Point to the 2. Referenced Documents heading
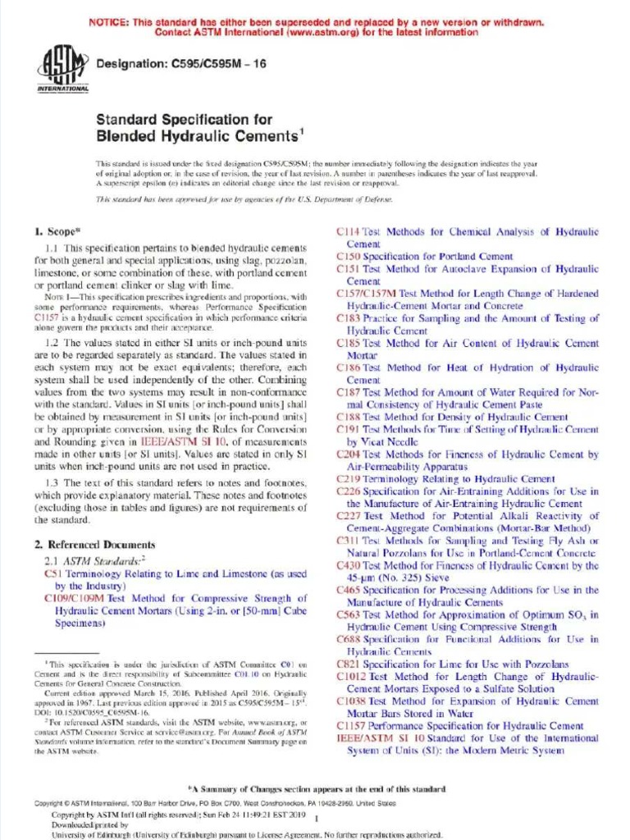tap(94, 545)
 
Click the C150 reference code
tap(349, 257)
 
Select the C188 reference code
tap(349, 417)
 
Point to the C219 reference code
tap(349, 479)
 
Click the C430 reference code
tap(349, 565)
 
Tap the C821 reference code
tap(349, 664)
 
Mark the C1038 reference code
tap(352, 701)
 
